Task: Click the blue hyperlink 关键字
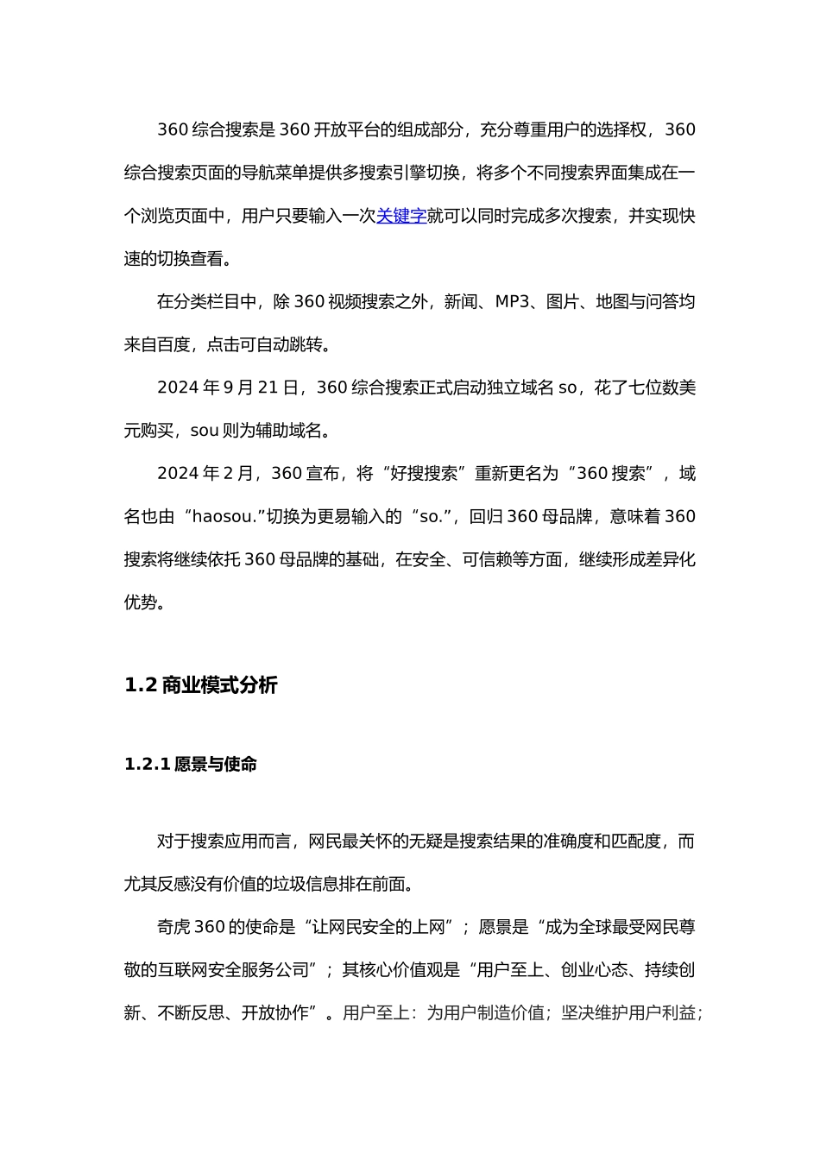point(401,216)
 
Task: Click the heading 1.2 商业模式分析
point(201,685)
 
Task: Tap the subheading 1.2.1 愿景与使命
point(191,764)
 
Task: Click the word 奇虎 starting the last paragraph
point(173,927)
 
